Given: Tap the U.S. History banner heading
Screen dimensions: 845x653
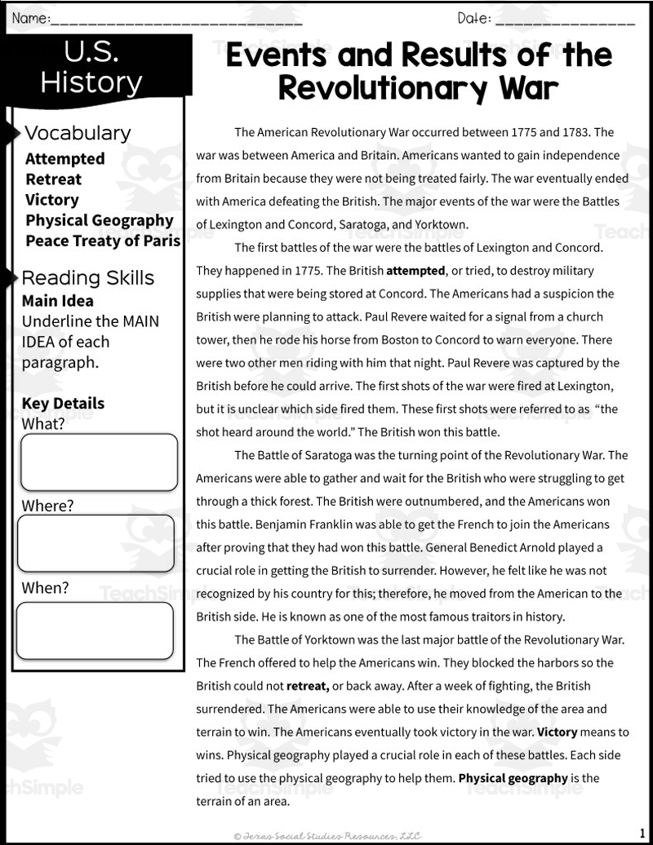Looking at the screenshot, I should coord(91,67).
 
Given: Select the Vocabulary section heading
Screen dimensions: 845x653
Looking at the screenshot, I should coord(78,133).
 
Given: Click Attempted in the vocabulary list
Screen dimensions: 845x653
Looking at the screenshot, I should coord(65,158).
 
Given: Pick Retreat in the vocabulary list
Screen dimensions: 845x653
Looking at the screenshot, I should coord(54,179).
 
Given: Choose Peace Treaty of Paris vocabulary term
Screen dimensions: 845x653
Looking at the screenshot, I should coord(103,241).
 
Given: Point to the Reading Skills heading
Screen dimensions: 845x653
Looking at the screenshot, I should coord(88,278).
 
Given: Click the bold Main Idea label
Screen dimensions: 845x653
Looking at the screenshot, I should coord(58,300).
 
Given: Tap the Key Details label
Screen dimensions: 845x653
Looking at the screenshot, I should coord(63,403).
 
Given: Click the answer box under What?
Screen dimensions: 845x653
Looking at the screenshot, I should coord(99,462).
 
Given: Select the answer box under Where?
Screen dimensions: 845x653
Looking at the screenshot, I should coord(96,543).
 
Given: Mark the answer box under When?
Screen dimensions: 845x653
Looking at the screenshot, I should coord(95,630).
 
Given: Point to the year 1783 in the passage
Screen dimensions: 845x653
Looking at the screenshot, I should coord(584,132).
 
